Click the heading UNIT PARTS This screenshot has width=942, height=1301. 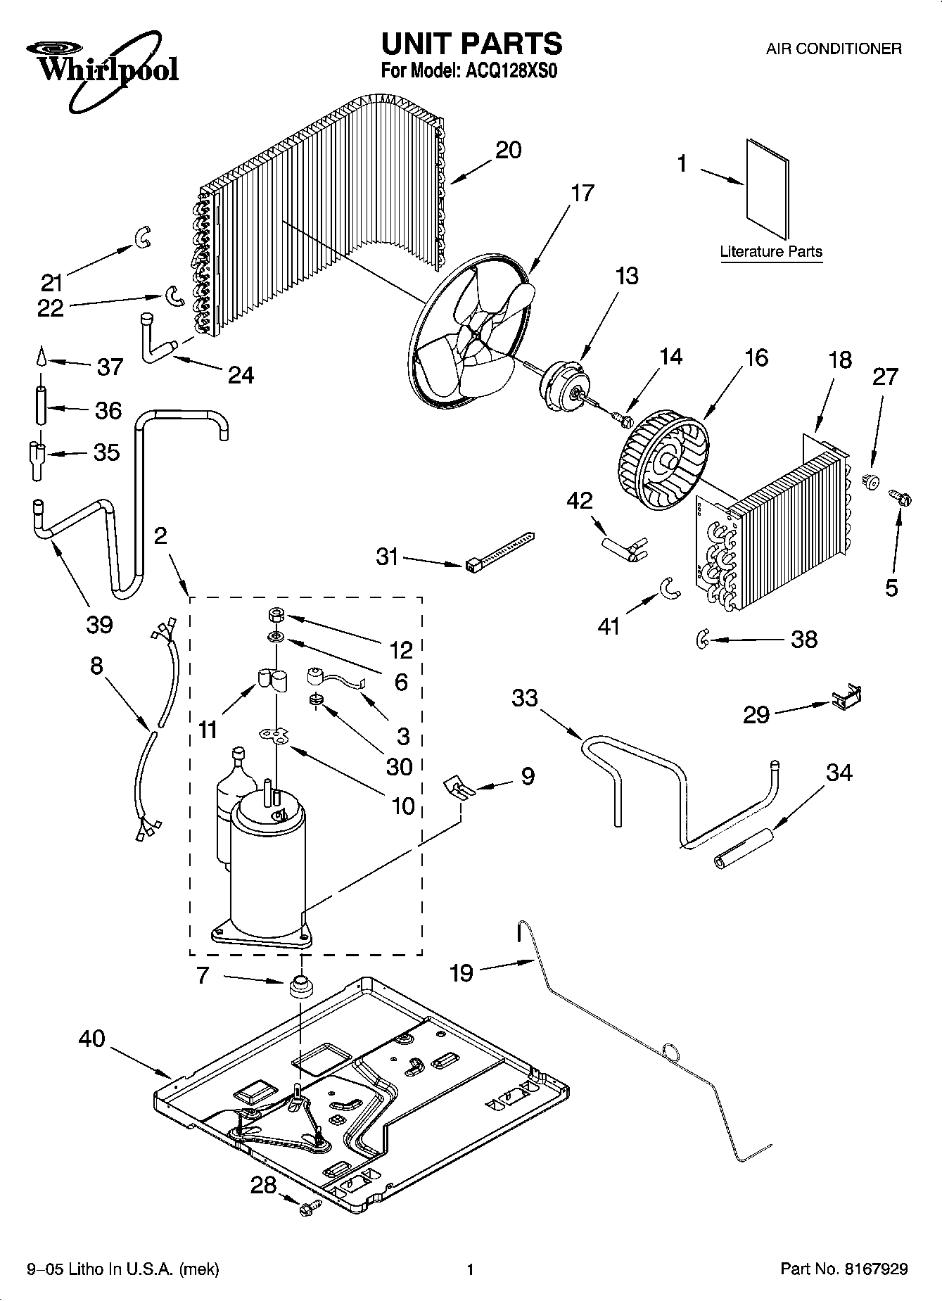[471, 44]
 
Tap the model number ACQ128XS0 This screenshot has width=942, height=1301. [511, 71]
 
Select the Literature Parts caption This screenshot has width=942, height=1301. [771, 251]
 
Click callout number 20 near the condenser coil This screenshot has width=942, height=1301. [508, 150]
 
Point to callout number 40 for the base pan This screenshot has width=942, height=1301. [91, 1039]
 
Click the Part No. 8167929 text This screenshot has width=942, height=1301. [844, 1269]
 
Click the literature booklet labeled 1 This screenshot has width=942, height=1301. [767, 189]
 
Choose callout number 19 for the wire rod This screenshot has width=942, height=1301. [462, 972]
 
